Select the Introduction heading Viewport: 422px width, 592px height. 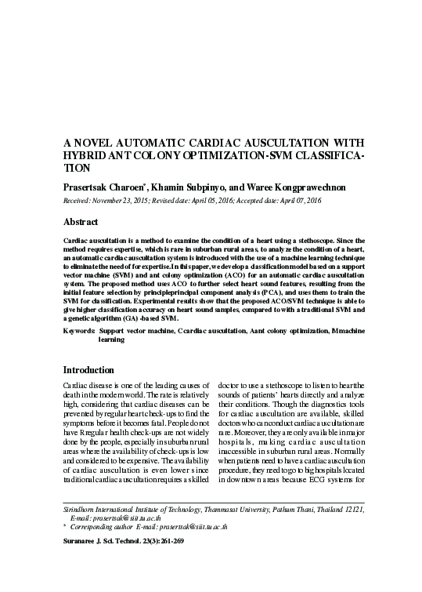[x=91, y=369]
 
